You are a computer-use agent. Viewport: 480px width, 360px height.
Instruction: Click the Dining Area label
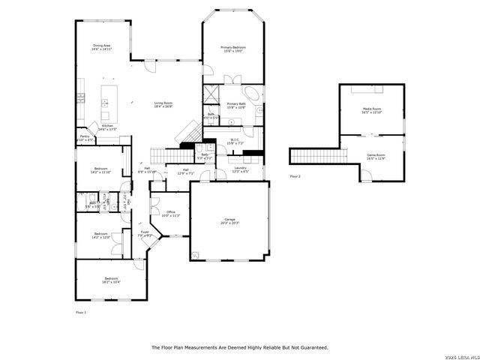tap(102, 46)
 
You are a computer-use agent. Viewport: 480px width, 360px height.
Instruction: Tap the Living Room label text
tap(163, 103)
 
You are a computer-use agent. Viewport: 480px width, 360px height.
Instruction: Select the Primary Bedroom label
tap(232, 49)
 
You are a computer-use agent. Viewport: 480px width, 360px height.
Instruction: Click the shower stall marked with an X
tap(211, 94)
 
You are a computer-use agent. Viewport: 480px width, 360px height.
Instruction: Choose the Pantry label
tap(85, 136)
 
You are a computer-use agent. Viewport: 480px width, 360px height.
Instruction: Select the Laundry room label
tap(240, 168)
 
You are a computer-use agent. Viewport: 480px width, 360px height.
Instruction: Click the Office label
tap(170, 212)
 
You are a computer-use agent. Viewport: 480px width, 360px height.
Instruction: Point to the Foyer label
tap(145, 232)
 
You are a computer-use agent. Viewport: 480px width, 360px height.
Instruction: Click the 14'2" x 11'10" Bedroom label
tap(101, 169)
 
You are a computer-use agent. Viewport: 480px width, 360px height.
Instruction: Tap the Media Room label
tap(372, 109)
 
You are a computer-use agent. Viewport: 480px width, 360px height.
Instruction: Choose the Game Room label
tap(375, 155)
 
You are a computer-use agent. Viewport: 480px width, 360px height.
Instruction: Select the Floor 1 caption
tap(81, 311)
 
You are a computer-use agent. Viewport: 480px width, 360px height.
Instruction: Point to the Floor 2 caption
tap(295, 175)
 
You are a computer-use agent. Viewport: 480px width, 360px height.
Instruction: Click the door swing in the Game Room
tap(365, 175)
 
